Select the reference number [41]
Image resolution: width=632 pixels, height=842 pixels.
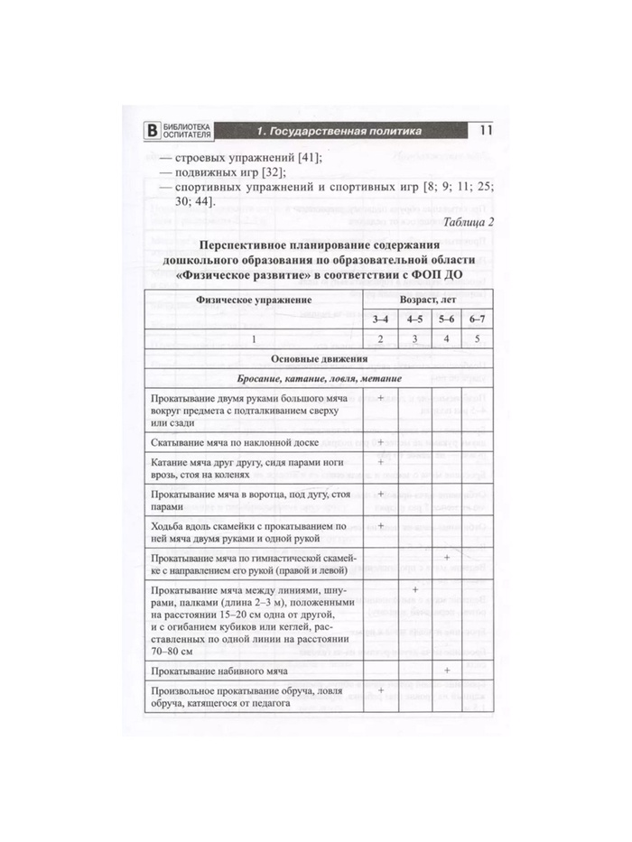click(305, 159)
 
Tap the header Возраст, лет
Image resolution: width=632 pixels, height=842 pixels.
click(428, 297)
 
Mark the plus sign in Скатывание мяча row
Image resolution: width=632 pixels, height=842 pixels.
click(381, 442)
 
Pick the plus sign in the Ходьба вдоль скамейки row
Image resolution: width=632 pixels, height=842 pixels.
click(381, 525)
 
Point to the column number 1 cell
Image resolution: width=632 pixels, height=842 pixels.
click(255, 338)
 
